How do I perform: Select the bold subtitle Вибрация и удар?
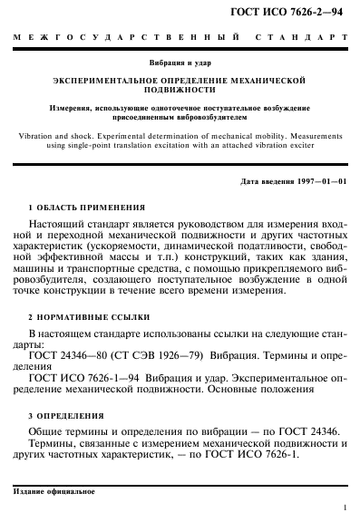tap(180, 64)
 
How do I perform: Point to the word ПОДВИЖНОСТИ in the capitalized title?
tap(180, 92)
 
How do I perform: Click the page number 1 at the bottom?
tap(346, 510)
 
